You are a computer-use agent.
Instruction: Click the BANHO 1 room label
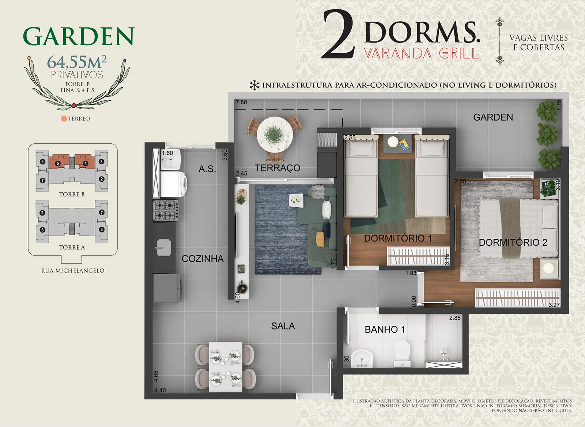385,330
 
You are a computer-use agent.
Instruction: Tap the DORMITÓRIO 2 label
513,242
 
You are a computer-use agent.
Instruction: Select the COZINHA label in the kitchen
203,258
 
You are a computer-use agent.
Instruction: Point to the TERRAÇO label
278,168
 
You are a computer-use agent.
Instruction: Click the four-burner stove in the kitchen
166,211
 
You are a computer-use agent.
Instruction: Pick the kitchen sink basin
164,247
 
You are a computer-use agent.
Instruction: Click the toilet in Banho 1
402,354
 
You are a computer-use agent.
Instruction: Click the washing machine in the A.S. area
173,184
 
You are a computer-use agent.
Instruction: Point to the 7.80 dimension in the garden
241,102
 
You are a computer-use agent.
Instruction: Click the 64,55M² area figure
77,62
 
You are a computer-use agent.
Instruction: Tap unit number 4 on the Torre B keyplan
86,163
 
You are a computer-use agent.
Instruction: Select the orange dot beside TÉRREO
64,118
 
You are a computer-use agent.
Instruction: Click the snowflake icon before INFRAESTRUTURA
254,86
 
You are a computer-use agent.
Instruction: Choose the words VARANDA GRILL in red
421,53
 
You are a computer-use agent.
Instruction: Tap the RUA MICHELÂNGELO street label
73,271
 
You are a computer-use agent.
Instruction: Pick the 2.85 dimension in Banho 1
455,318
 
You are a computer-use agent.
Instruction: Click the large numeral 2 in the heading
339,34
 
